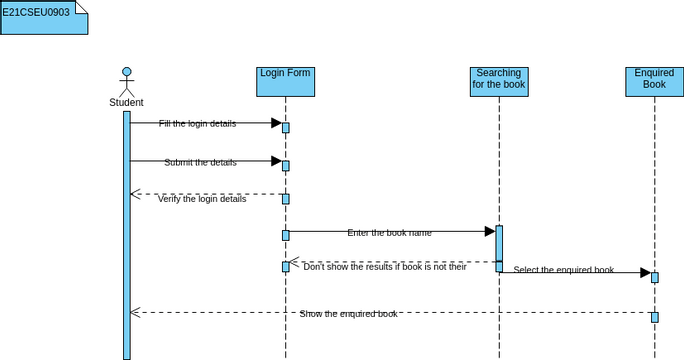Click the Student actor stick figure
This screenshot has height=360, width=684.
(126, 81)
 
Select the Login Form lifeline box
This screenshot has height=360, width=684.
(285, 81)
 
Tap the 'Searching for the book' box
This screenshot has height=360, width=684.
(499, 81)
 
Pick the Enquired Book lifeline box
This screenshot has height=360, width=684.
(654, 81)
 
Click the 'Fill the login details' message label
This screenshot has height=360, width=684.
(197, 123)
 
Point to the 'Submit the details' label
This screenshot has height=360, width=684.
(200, 162)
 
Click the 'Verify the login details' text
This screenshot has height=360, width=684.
(201, 199)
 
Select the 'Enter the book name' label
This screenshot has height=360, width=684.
(389, 233)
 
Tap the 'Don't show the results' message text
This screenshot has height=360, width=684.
(384, 267)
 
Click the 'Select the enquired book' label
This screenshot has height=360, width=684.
(563, 270)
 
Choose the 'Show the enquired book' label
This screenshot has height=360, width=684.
(348, 314)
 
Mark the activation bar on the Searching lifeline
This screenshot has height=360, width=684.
(499, 247)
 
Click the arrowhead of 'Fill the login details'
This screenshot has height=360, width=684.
(276, 123)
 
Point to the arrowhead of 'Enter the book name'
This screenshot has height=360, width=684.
(490, 231)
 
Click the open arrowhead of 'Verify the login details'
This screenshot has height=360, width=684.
(136, 194)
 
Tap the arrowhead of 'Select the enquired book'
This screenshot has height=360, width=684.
(646, 272)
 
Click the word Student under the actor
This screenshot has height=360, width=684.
(126, 102)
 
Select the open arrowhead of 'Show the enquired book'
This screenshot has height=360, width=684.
(136, 313)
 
